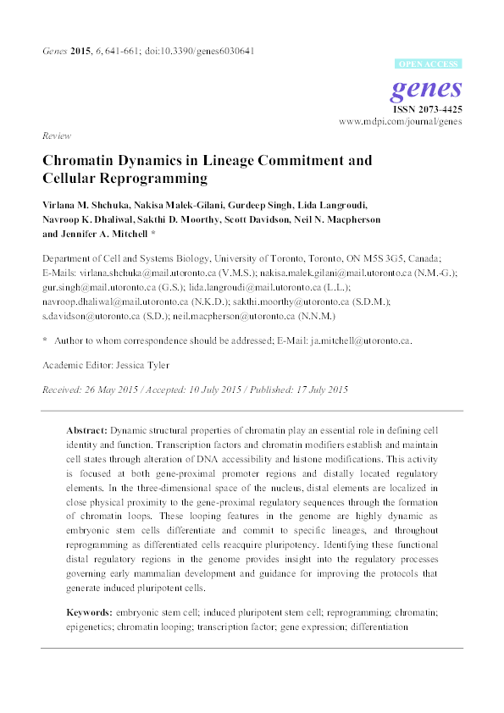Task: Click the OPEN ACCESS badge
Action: (429, 64)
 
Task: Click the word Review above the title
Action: (56, 135)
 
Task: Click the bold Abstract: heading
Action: (87, 431)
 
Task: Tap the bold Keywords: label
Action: (91, 611)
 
